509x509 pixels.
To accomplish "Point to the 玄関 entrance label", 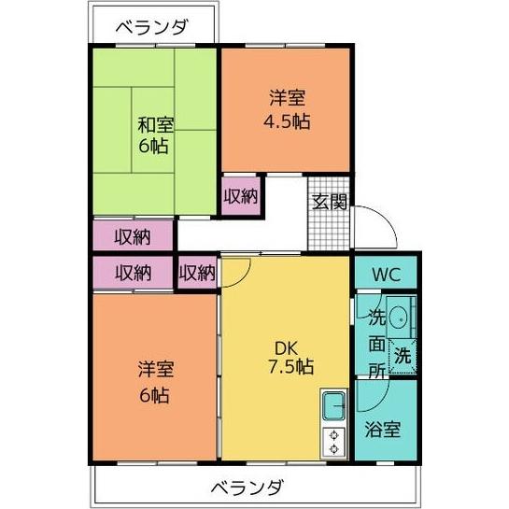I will [330, 201].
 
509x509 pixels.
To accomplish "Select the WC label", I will [386, 276].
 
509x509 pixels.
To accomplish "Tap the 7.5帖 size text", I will [286, 367].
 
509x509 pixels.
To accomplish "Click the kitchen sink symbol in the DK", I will [333, 406].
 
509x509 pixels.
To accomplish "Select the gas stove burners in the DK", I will [333, 442].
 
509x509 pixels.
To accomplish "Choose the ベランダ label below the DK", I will [246, 488].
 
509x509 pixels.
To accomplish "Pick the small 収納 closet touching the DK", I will [197, 273].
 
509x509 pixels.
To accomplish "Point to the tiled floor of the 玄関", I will [329, 229].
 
